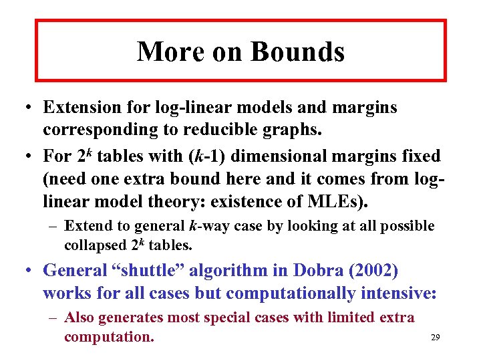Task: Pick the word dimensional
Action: (x=296, y=156)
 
